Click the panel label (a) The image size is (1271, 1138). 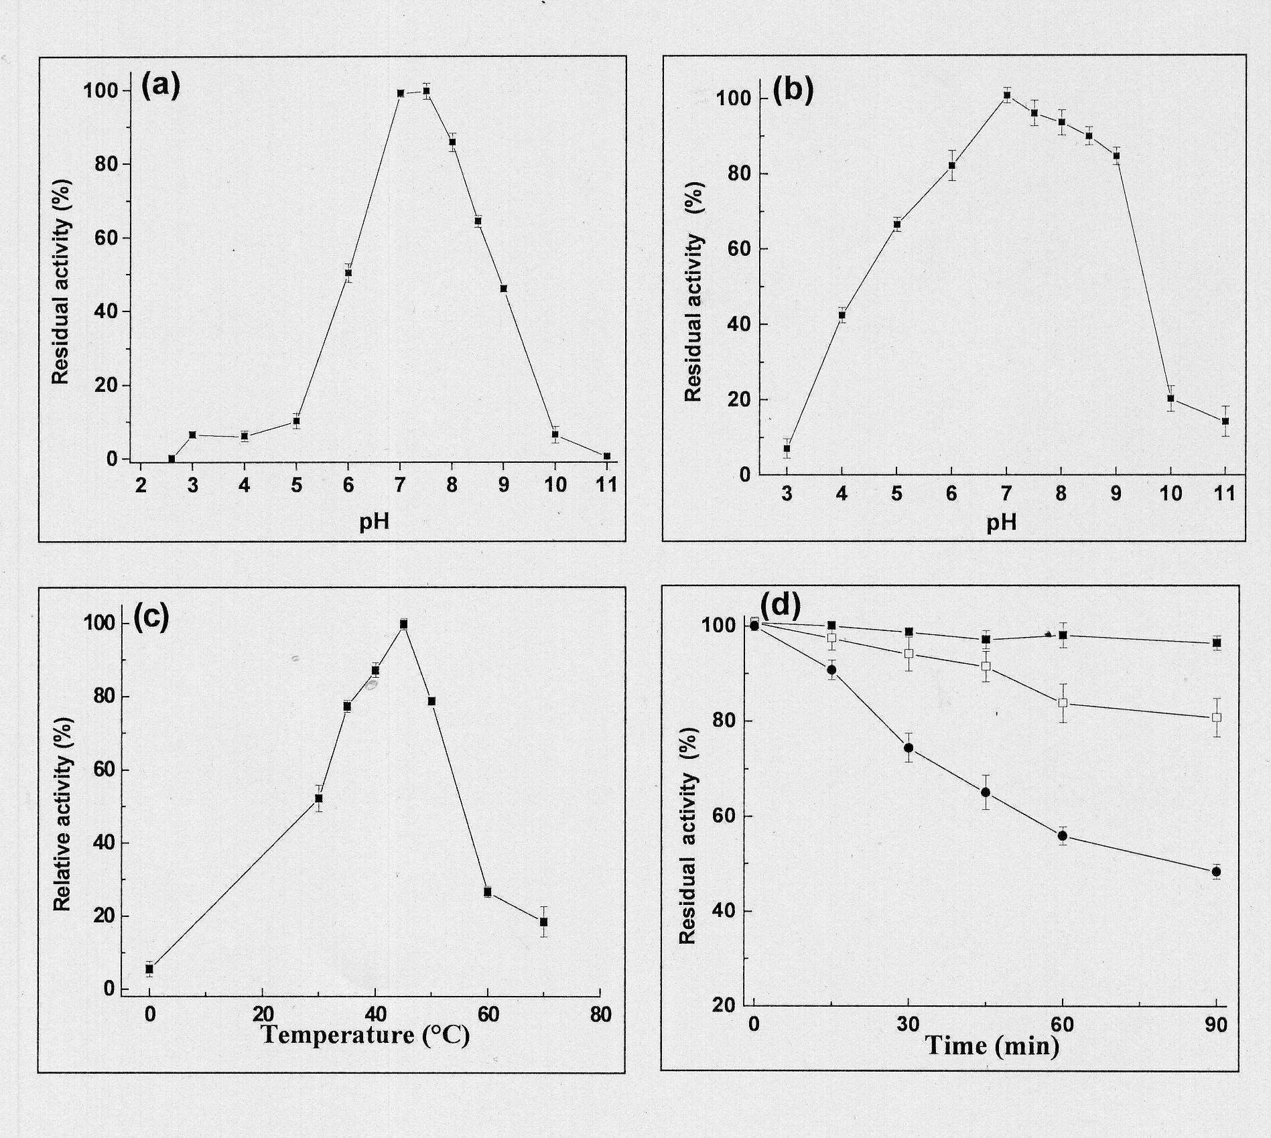(161, 87)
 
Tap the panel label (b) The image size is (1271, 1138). (793, 92)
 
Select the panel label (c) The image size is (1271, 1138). (151, 618)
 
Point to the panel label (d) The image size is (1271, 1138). (781, 606)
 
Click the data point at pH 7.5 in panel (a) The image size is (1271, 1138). (426, 91)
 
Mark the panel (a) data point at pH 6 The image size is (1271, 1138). (348, 273)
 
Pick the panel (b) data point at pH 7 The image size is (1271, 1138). (1007, 95)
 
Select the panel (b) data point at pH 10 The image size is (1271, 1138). (1170, 399)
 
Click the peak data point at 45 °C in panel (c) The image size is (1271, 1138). (403, 624)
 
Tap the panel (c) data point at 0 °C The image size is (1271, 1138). (149, 969)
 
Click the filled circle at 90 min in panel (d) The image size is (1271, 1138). (1216, 871)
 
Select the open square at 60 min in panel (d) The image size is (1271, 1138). (1063, 703)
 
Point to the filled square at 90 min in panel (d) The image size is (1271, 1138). (1217, 643)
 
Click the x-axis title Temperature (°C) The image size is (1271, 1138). (365, 1035)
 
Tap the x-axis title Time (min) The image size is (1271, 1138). (992, 1046)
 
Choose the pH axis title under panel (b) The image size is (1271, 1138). (1002, 522)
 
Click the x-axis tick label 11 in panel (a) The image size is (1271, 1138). (606, 485)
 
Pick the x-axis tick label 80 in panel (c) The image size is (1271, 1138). (601, 1014)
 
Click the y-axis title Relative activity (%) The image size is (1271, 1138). (62, 814)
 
